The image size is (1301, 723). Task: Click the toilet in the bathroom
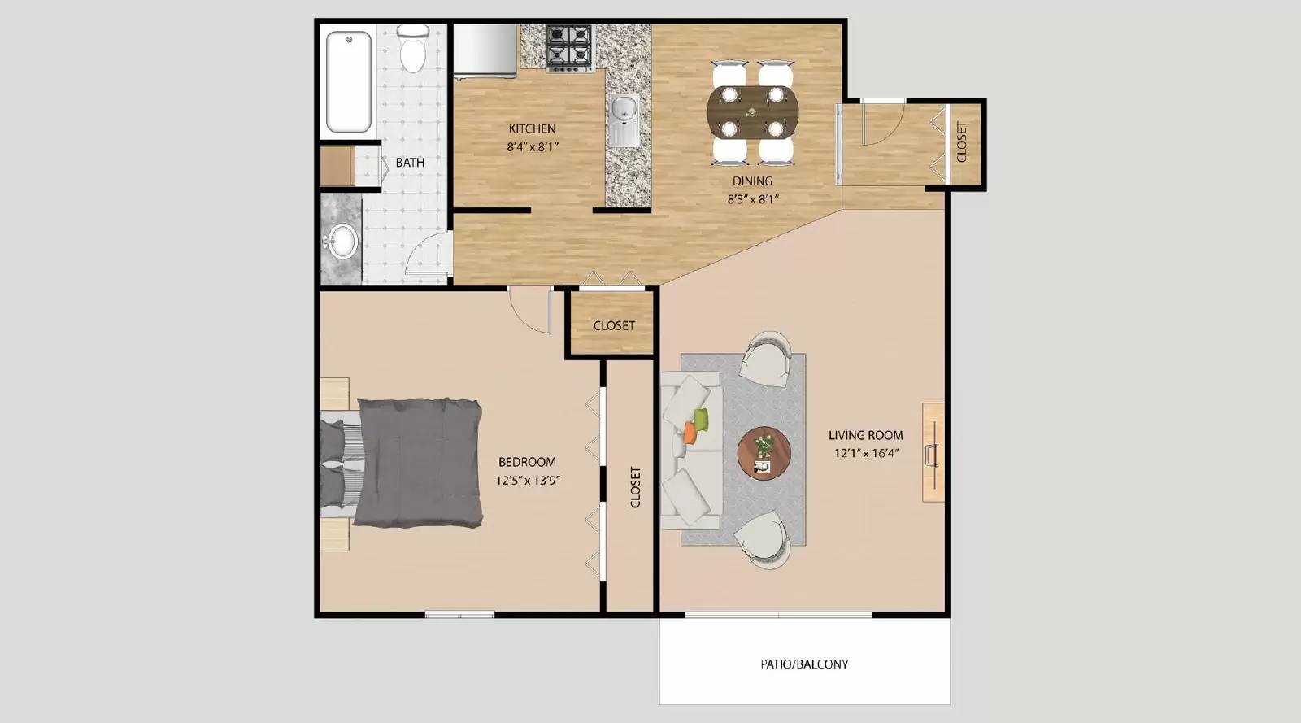[x=414, y=50]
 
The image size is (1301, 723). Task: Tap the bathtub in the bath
[x=349, y=81]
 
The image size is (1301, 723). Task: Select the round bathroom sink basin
[x=342, y=241]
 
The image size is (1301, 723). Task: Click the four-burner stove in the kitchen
[x=568, y=46]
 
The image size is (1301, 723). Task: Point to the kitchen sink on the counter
[x=624, y=120]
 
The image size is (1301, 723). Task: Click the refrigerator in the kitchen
[x=485, y=51]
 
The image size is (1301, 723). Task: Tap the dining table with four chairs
[x=752, y=111]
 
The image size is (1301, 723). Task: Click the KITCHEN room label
[x=532, y=128]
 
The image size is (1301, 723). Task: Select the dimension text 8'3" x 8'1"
[x=752, y=198]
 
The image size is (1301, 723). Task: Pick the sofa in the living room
[x=691, y=451]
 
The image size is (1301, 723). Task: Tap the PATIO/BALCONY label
[x=804, y=664]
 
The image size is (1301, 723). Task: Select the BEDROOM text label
[x=527, y=462]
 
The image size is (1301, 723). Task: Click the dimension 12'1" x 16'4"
[x=866, y=453]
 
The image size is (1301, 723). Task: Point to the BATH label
[x=410, y=163]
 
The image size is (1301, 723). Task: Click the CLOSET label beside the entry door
[x=962, y=142]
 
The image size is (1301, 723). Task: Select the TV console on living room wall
[x=933, y=451]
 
